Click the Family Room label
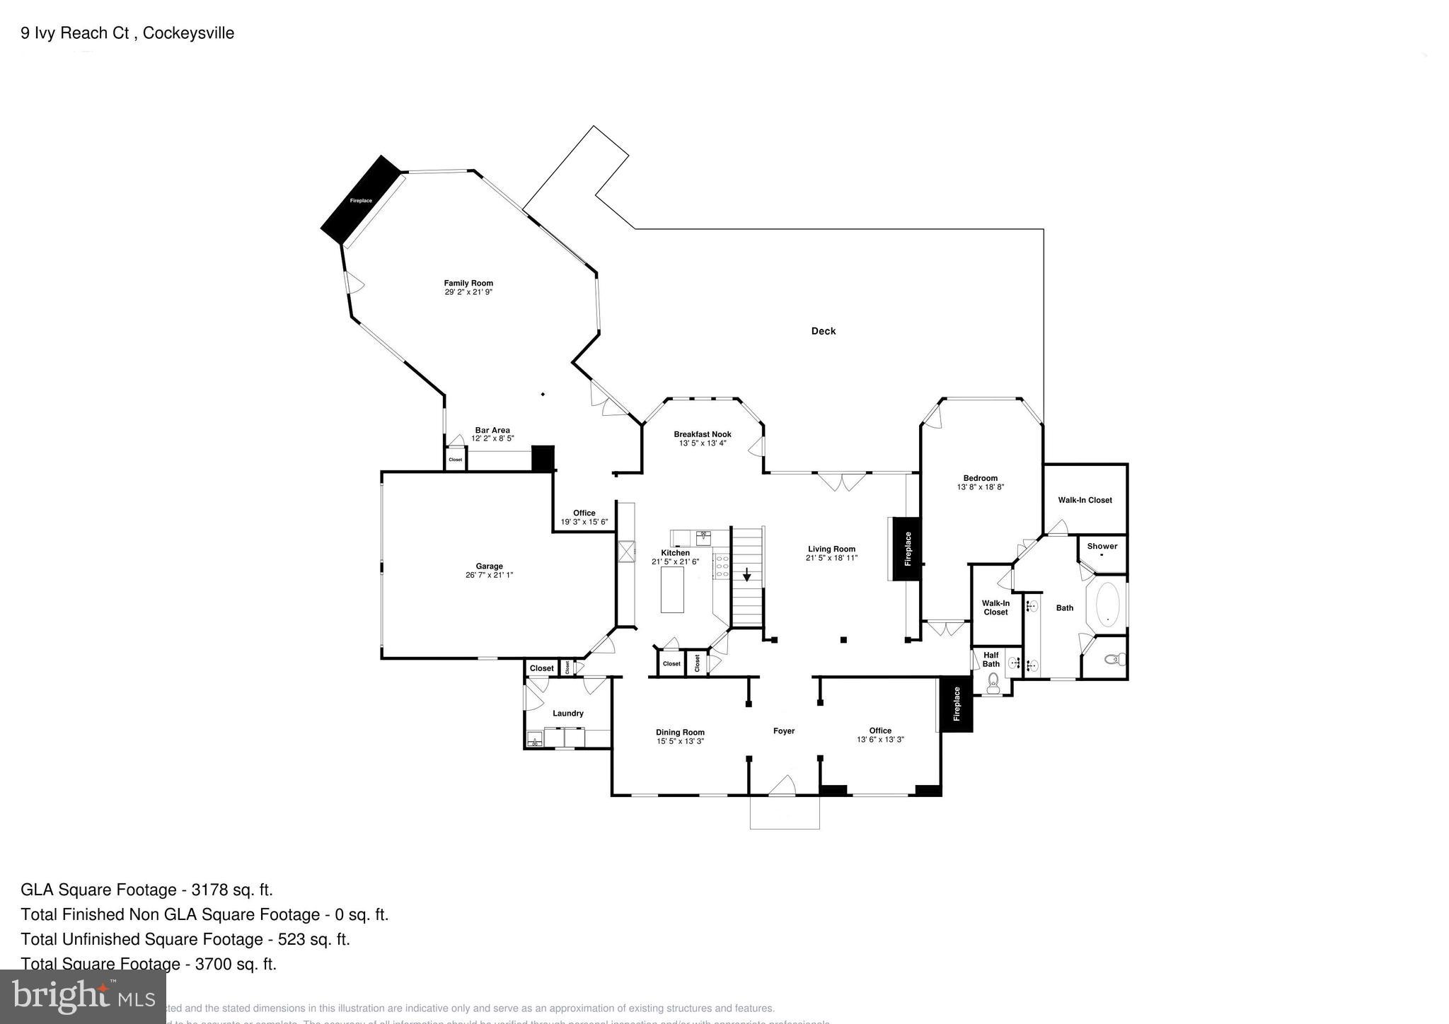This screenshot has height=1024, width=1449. click(x=468, y=283)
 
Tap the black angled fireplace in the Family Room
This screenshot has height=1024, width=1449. click(x=361, y=200)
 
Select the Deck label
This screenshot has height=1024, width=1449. click(x=823, y=331)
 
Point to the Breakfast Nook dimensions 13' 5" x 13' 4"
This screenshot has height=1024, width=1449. click(x=703, y=443)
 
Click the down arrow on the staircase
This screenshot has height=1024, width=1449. click(x=746, y=575)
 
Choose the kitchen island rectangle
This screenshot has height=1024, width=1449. click(x=672, y=590)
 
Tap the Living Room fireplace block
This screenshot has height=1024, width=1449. click(x=907, y=549)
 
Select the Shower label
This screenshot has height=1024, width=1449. click(x=1102, y=546)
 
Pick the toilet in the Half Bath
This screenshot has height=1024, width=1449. click(x=993, y=680)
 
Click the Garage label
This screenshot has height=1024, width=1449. click(x=489, y=566)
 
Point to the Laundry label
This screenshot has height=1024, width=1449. click(x=567, y=714)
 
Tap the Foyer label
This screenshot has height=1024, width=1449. click(x=783, y=731)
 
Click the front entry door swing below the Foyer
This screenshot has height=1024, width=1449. click(x=783, y=786)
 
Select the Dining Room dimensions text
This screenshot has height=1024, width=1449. click(x=679, y=741)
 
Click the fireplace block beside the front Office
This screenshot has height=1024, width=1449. click(x=957, y=704)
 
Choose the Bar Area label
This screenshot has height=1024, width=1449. click(x=492, y=430)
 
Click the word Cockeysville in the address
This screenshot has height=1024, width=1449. click(x=188, y=33)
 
